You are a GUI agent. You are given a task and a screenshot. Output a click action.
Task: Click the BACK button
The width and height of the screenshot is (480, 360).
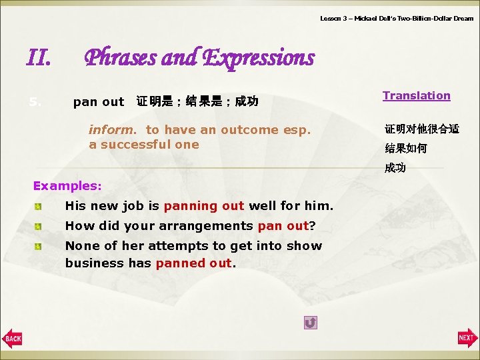(12, 339)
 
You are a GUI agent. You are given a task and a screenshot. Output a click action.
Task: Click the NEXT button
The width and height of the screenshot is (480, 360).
(467, 339)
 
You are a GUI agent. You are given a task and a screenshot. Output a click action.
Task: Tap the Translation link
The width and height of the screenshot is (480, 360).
(416, 95)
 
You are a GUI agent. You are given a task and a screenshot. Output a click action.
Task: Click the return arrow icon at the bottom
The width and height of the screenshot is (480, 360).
(310, 323)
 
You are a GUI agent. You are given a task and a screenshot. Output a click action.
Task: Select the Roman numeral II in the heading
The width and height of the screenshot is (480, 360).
(38, 59)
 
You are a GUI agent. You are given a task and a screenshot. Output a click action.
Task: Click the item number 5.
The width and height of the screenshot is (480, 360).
(35, 102)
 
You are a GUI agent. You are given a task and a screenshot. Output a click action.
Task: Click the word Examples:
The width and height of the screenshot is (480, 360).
(67, 185)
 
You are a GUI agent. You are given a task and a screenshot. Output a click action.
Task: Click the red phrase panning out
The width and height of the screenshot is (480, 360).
(204, 206)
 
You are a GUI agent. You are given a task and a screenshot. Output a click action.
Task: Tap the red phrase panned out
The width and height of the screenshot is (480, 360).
(194, 263)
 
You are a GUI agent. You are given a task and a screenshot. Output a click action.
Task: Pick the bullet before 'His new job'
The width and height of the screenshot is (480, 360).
(39, 207)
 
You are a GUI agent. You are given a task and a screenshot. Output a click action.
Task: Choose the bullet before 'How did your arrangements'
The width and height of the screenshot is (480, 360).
(39, 226)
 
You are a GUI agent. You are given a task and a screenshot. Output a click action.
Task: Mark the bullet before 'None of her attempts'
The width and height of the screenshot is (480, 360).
(39, 246)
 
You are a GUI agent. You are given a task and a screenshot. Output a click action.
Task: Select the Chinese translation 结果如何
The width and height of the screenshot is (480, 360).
(405, 149)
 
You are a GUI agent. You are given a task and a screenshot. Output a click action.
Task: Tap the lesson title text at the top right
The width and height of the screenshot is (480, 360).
(396, 19)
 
